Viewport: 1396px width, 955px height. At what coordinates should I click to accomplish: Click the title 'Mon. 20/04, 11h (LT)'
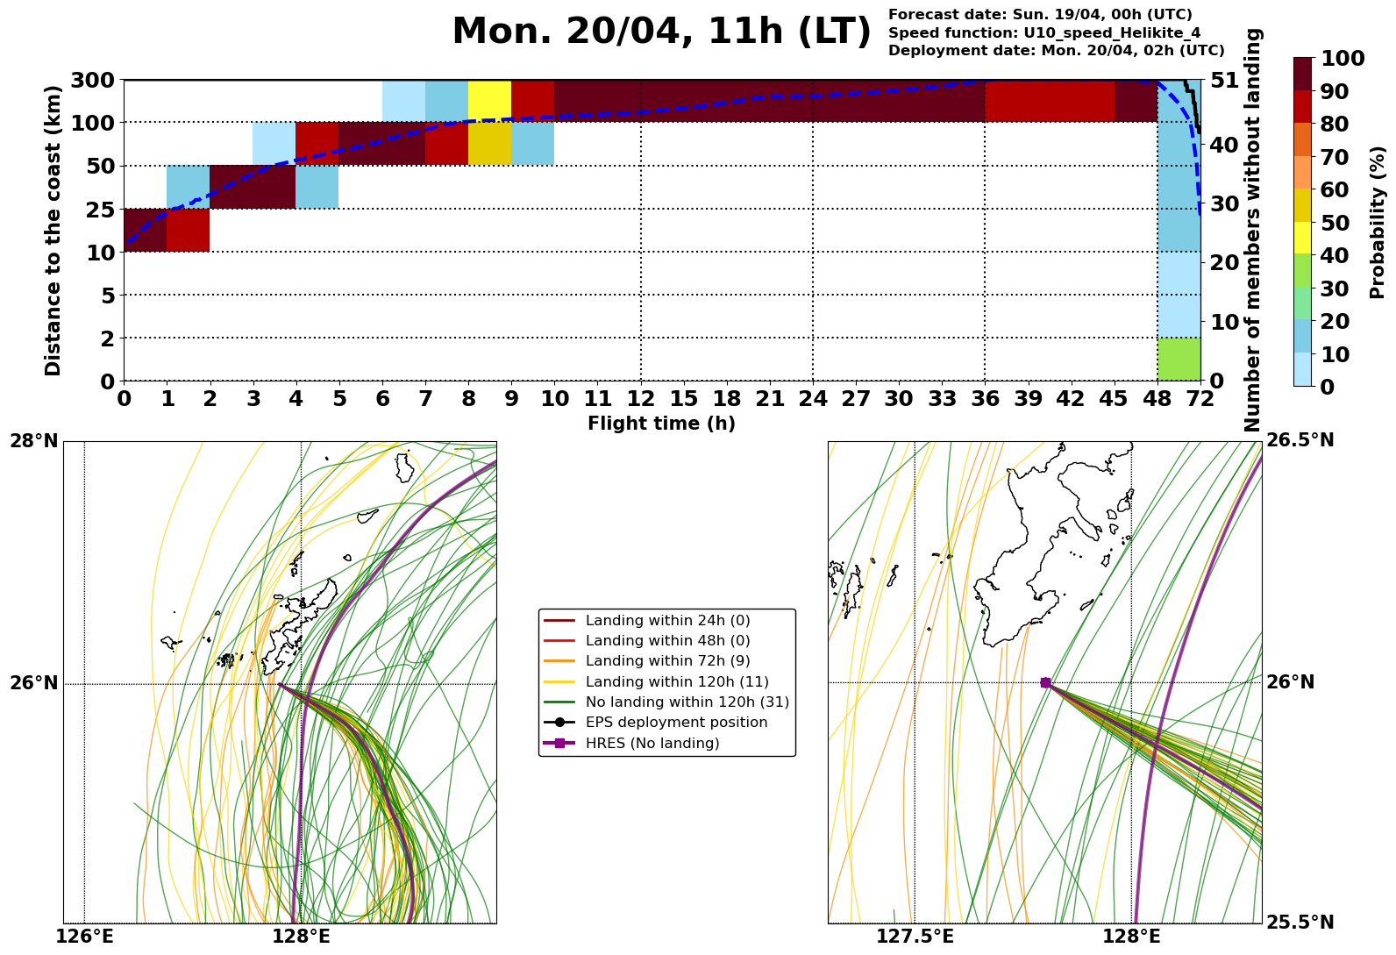(661, 32)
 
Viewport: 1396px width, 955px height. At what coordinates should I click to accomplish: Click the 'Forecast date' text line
(1040, 14)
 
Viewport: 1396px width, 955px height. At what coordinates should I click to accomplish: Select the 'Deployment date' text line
(1056, 51)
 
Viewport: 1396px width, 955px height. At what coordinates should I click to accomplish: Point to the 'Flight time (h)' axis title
(661, 424)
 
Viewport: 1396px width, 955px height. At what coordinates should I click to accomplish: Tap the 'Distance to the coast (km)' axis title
(53, 231)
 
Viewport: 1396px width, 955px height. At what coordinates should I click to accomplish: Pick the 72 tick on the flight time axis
(1200, 399)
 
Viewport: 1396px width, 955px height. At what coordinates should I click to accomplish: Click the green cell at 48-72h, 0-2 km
(1179, 360)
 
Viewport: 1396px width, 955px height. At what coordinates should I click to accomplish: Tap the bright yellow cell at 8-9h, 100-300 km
(489, 101)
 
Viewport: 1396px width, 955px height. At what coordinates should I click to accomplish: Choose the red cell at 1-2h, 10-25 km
(188, 231)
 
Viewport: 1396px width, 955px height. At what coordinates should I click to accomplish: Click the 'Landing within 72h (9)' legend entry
(667, 661)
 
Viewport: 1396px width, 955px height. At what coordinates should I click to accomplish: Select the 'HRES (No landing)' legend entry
(652, 744)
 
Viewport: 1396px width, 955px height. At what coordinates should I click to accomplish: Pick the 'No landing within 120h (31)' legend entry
(687, 702)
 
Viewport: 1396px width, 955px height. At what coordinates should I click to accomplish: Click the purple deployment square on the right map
(1045, 682)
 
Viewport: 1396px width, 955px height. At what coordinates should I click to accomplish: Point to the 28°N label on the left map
(34, 440)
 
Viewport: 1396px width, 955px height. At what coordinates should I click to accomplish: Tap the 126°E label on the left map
(84, 937)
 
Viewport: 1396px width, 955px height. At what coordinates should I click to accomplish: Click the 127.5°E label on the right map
(915, 937)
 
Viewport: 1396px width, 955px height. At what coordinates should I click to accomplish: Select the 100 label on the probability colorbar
(1343, 59)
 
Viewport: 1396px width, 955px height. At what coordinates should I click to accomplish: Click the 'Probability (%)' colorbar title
(1378, 222)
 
